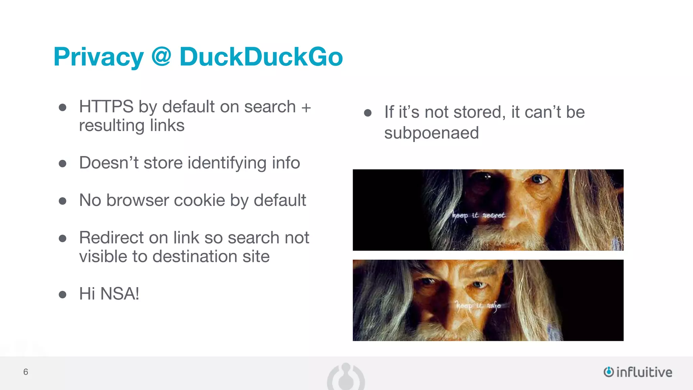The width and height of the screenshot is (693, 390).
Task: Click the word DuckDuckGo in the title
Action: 261,57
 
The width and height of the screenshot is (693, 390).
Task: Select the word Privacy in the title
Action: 98,58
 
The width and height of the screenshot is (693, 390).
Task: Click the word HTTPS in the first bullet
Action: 106,107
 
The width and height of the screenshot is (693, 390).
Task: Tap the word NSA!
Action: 119,294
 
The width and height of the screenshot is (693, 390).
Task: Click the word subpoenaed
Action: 431,133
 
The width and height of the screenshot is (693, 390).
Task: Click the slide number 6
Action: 26,372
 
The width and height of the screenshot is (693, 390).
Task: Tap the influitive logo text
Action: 644,372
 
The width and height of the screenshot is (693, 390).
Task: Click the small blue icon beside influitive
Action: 608,372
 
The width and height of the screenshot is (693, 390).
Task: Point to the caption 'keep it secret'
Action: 478,215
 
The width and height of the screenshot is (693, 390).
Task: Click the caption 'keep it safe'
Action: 478,306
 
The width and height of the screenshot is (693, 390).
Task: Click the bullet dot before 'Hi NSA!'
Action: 62,294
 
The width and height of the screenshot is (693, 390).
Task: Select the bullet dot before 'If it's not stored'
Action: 368,113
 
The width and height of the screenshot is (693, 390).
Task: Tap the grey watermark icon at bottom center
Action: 346,376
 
